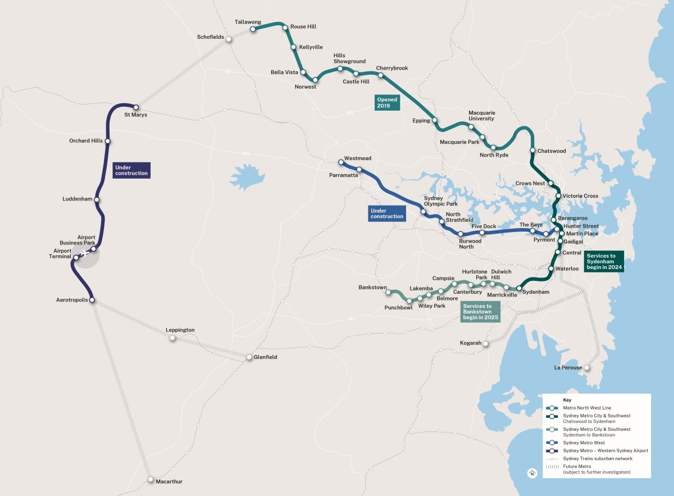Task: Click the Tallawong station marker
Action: (253, 29)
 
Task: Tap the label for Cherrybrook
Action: (392, 68)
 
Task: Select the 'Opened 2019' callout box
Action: (387, 103)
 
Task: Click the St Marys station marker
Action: (135, 107)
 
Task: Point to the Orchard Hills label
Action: (86, 141)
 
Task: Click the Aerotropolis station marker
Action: (92, 301)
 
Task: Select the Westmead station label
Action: (358, 158)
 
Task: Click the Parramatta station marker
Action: (359, 170)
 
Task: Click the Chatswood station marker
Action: (532, 151)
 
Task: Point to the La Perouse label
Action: (568, 368)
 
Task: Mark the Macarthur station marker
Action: (151, 480)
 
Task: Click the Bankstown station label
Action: (372, 288)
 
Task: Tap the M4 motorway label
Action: (245, 153)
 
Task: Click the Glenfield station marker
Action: (249, 357)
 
